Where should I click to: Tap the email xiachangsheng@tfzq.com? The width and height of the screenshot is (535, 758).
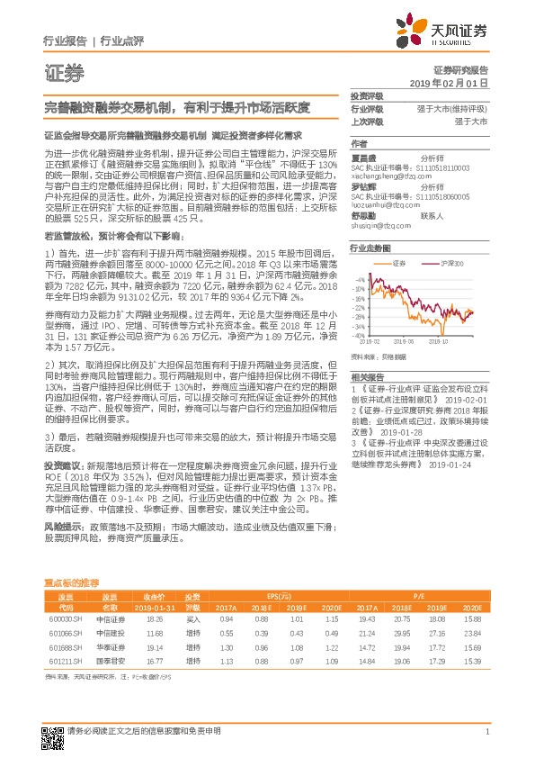point(383,177)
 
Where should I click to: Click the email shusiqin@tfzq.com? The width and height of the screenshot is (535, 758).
point(378,225)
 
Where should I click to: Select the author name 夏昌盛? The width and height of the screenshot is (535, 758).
point(363,157)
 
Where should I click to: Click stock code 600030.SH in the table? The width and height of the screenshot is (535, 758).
point(65,618)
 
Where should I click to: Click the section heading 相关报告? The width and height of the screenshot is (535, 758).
point(367,376)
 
